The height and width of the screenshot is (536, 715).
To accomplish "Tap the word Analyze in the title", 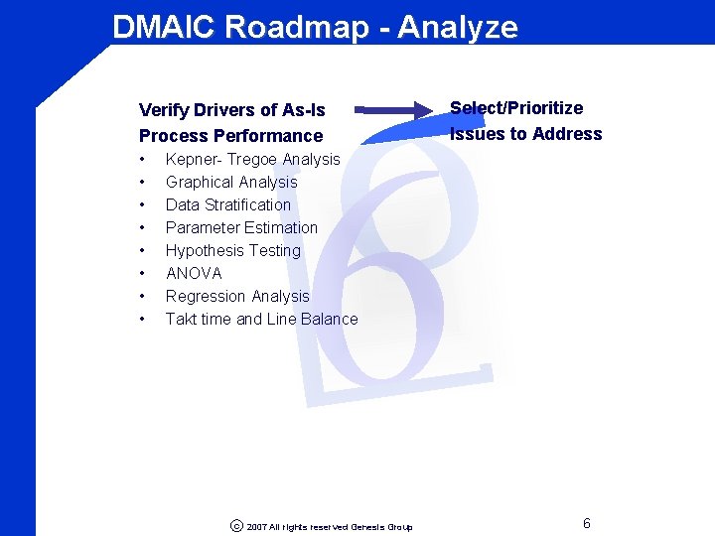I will point(458,27).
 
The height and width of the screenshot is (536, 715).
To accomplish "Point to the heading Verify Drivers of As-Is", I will point(231,109).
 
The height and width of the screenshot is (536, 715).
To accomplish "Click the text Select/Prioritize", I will point(516,108).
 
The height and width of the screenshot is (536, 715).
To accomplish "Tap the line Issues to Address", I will point(525,134).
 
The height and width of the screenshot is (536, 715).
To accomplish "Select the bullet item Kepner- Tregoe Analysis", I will point(252,159).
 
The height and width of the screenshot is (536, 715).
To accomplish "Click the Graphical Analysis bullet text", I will point(231,182).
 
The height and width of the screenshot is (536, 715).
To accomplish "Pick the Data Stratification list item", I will point(228,204).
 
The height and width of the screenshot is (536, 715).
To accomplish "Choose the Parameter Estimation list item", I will point(241,227).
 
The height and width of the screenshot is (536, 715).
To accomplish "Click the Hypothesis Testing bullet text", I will point(233,250).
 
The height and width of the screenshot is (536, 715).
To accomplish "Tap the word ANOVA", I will point(194,273).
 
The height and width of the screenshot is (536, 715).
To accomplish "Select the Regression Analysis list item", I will point(237,296).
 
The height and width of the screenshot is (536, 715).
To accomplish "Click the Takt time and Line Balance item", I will point(261,319).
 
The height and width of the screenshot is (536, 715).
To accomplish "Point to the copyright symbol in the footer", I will point(236,526).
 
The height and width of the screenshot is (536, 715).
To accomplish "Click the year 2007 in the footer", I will point(256,527).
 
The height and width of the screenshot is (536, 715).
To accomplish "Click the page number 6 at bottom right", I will point(587,523).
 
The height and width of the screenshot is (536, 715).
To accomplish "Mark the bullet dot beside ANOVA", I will point(144,273).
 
